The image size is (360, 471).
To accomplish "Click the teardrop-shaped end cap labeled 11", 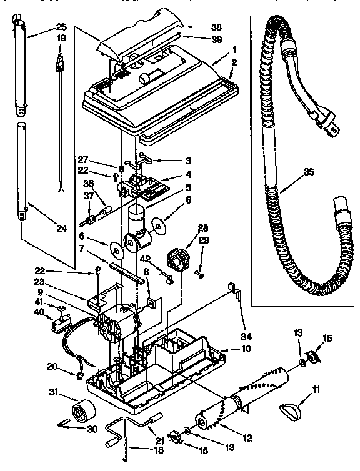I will point(291,410).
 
